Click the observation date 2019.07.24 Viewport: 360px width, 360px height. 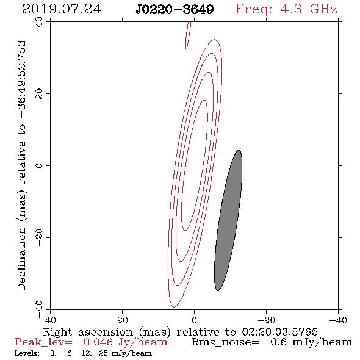coord(62,9)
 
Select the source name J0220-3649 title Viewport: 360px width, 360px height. coord(175,9)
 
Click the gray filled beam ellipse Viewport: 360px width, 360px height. coord(228,221)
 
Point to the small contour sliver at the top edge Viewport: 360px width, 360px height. coord(188,35)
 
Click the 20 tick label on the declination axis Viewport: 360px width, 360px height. coord(39,94)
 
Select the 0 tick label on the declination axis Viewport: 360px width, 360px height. coord(39,165)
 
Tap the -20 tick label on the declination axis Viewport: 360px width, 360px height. coord(39,237)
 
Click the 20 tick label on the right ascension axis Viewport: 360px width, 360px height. coord(123,320)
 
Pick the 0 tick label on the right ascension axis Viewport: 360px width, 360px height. coord(195,320)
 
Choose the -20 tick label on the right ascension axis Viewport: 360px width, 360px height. coord(266,320)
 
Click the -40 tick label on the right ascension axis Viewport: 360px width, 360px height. coord(338,320)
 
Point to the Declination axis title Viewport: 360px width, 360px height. coord(21,165)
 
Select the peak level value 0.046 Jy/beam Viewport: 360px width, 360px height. coord(126,342)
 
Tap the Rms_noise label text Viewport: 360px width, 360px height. coord(225,342)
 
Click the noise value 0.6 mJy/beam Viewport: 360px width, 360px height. coord(311,342)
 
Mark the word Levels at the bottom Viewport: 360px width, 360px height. coord(27,353)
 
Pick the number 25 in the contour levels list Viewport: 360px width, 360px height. coord(103,353)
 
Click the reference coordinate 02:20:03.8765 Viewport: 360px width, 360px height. coord(280,332)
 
